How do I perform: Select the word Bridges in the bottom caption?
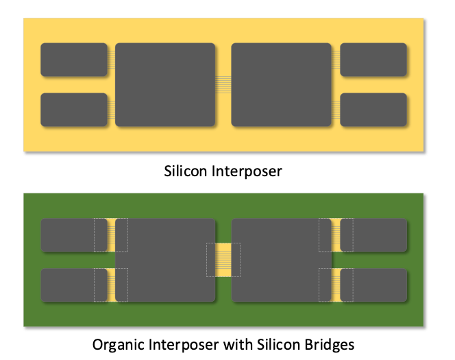pos(331,344)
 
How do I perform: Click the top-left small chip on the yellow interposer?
pos(74,60)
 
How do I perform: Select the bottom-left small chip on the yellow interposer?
pos(74,110)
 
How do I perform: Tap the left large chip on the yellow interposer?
pos(165,84)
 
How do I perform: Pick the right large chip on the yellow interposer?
pos(282,84)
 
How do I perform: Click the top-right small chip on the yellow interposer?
pos(373,60)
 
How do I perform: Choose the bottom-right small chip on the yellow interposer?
pos(373,110)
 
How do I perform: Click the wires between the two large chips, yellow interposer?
pos(223,84)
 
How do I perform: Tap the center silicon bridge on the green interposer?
pos(223,260)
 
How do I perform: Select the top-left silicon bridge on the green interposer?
pos(111,235)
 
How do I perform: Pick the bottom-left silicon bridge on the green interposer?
pos(111,285)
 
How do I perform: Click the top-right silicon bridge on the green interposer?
pos(336,235)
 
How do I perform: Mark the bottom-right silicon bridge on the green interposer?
pos(336,285)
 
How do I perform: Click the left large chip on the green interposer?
pos(168,260)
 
